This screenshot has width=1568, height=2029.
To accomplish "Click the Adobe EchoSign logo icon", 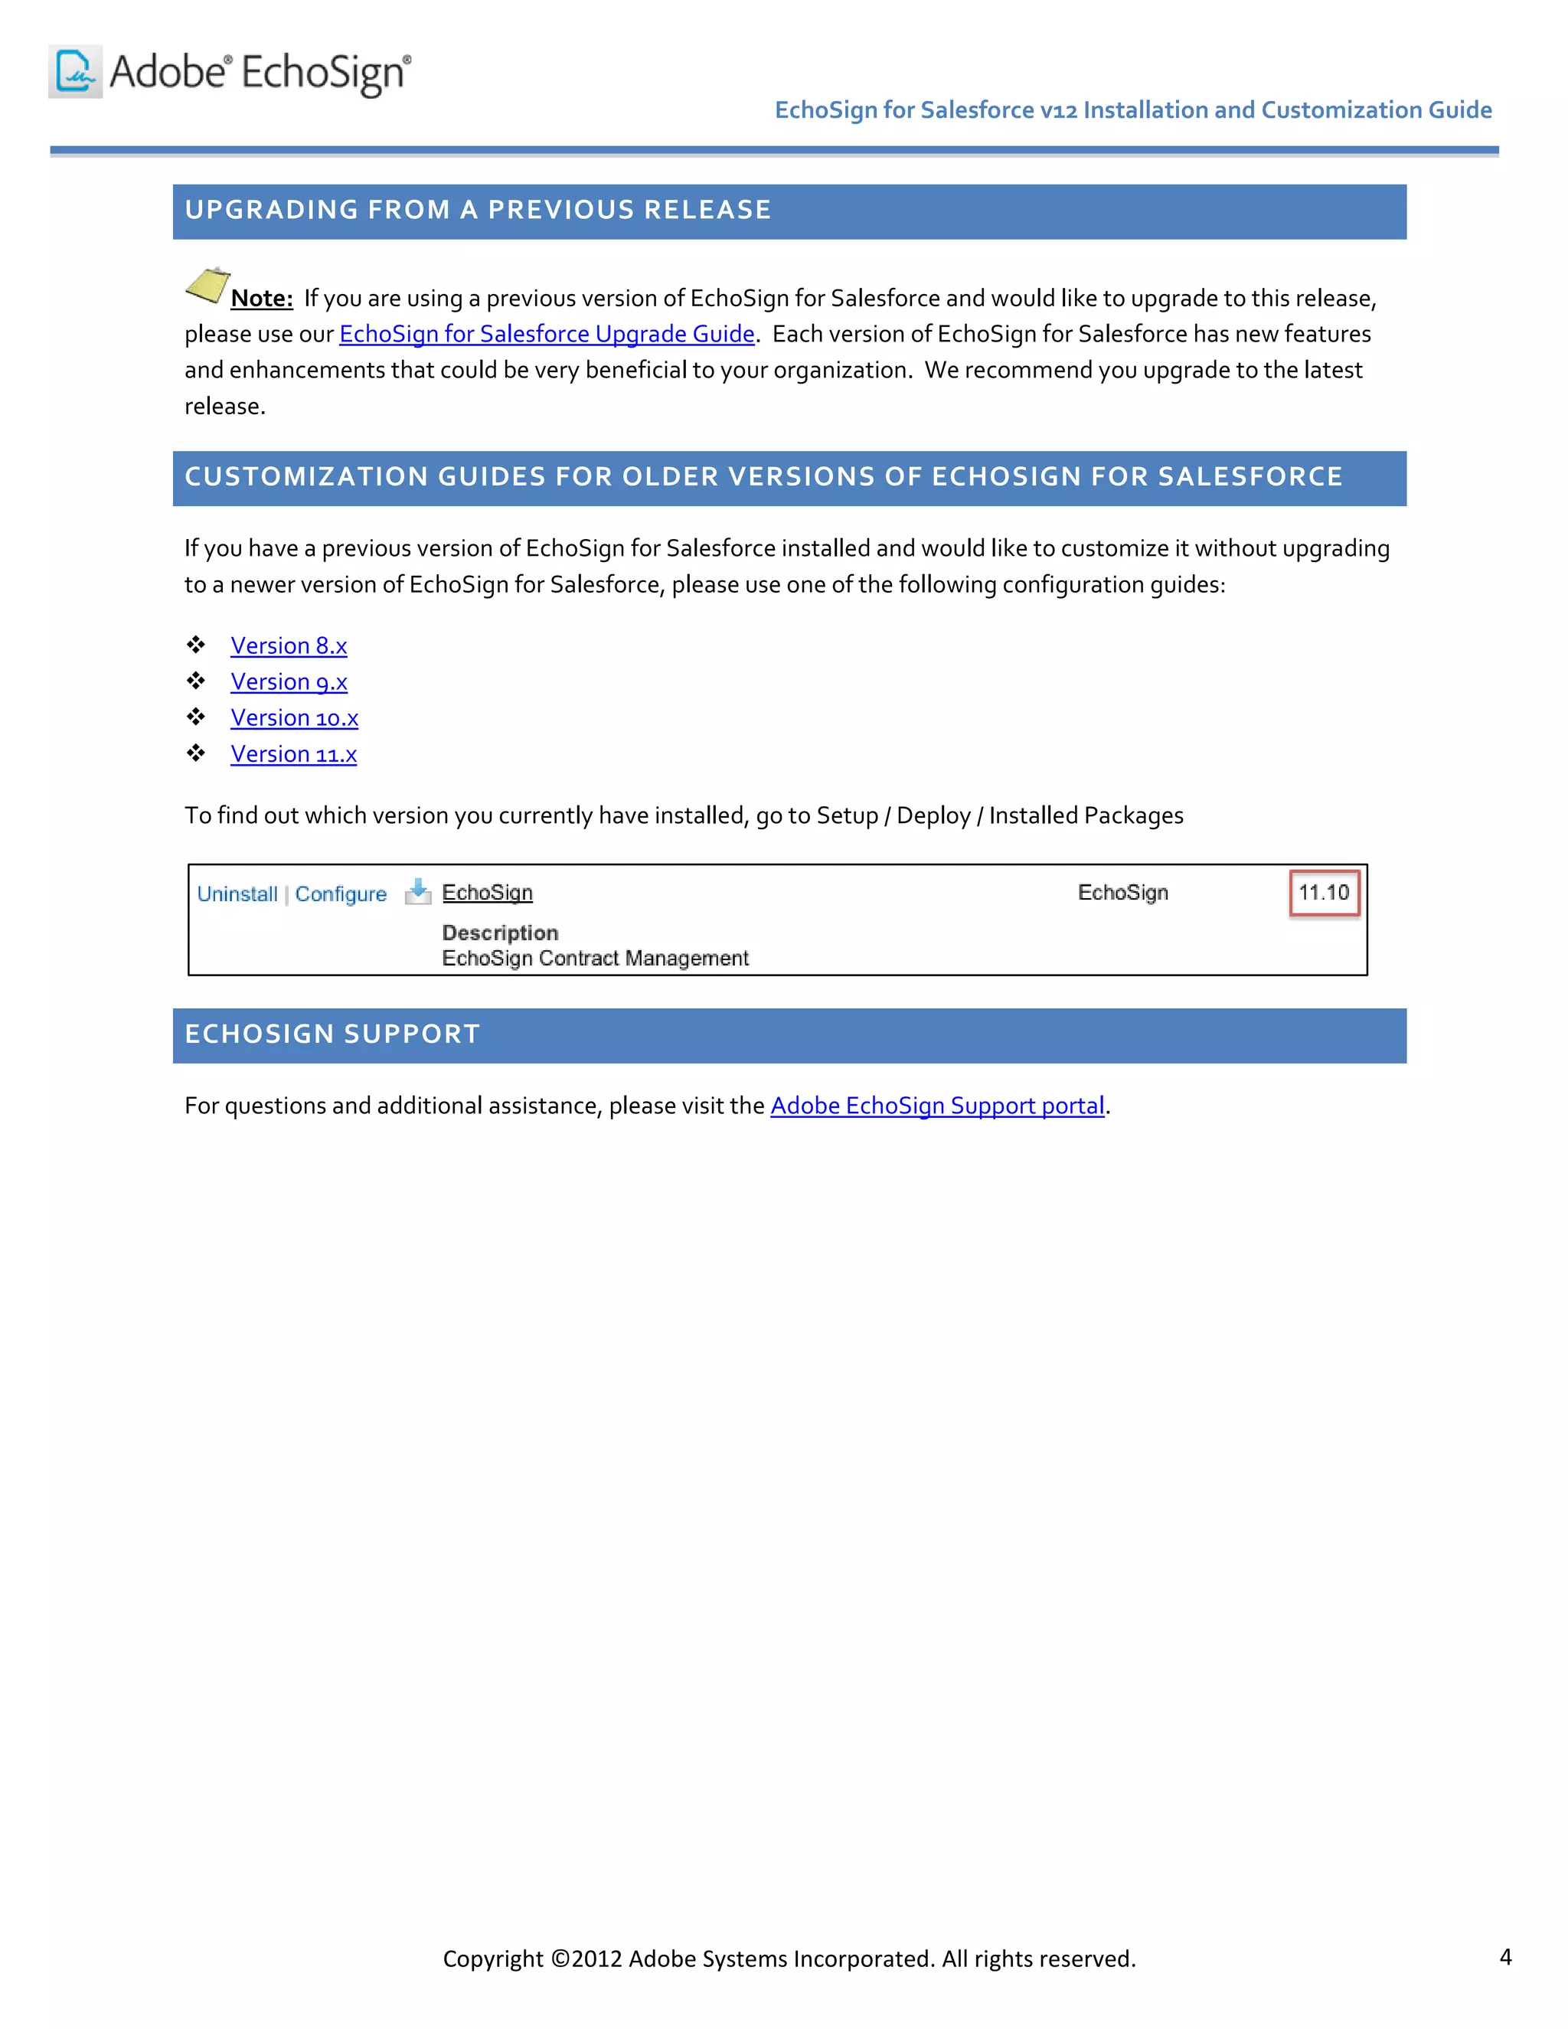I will (75, 71).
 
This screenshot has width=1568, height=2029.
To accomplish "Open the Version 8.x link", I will (289, 645).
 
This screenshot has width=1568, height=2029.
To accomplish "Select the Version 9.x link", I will (289, 682).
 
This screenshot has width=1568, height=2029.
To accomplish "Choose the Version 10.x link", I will (295, 718).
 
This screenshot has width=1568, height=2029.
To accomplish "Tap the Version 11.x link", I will (293, 754).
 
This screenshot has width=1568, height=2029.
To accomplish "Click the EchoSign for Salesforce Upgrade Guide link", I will (546, 335).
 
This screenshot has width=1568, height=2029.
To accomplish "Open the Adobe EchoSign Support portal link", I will (937, 1106).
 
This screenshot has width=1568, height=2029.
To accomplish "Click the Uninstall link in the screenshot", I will (237, 894).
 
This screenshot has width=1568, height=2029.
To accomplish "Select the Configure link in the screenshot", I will (341, 894).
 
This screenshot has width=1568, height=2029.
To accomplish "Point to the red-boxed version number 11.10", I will (1324, 893).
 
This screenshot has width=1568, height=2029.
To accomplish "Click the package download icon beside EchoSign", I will (418, 892).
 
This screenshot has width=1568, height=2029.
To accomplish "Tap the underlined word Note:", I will (261, 298).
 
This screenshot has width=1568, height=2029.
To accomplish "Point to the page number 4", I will (1504, 1956).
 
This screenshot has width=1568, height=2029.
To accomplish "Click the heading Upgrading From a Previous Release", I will (478, 211).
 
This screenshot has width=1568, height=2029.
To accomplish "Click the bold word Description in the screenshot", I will (500, 933).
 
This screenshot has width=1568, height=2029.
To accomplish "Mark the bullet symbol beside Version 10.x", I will (196, 717).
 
